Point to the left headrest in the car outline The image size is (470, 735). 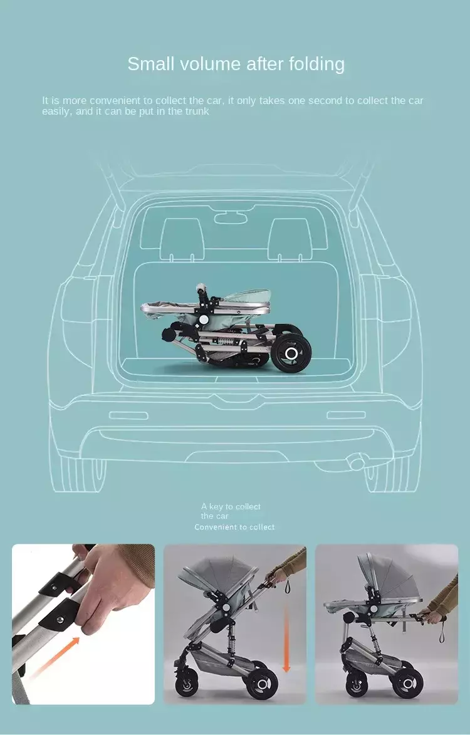click(x=182, y=239)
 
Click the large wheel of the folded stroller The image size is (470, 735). click(x=291, y=353)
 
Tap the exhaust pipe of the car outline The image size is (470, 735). click(x=357, y=462)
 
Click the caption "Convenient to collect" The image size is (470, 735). click(x=234, y=528)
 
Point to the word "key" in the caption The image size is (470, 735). click(x=216, y=507)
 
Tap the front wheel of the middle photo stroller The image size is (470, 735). click(x=187, y=684)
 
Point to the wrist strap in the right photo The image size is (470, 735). click(x=442, y=630)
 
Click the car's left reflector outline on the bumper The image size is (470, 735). click(x=128, y=415)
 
